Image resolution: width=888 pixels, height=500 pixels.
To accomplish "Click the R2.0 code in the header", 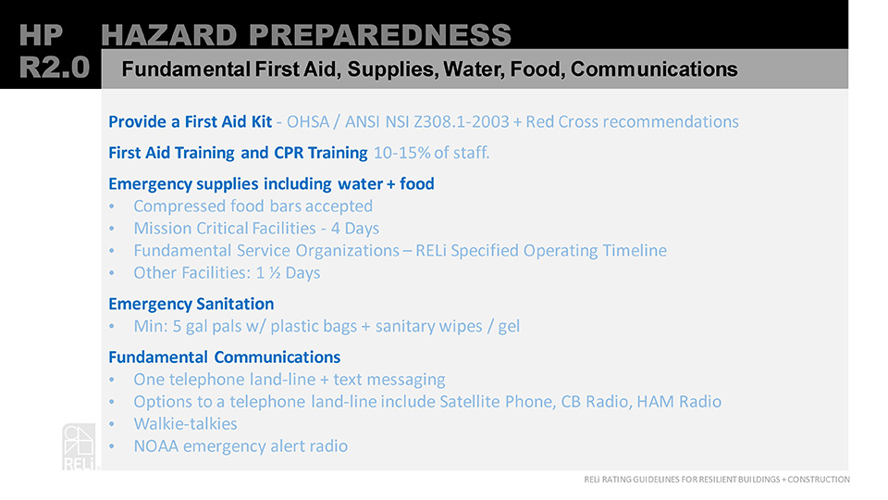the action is pos(55,68).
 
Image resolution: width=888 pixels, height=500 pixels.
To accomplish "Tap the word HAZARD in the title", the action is pos(168,35).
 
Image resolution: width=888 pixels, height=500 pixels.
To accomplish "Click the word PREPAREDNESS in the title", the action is pos(380,35).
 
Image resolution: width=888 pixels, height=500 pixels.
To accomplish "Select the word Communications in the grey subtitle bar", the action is pos(654,69).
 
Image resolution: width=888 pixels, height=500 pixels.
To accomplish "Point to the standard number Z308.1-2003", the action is pos(462,122).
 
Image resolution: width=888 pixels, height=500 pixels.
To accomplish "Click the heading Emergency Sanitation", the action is pos(191,305).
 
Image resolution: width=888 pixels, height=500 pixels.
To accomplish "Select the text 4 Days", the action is pos(355,229).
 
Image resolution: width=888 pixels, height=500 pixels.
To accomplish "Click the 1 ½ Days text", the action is pos(289,272).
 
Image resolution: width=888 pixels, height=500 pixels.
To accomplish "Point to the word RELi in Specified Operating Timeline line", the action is pos(432,251).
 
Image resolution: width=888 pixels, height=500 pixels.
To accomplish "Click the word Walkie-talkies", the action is pos(185,424).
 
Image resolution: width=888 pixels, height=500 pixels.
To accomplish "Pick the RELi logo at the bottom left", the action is pos(80,447).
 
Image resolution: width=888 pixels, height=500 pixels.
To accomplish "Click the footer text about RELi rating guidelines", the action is pos(716,480).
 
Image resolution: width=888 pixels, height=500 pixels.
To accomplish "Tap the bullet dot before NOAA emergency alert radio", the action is pos(112,446).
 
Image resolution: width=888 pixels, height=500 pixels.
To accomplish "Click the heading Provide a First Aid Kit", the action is pos(191,122).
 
